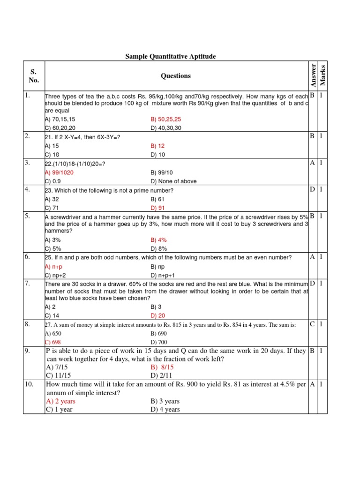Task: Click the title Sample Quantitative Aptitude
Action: click(x=170, y=57)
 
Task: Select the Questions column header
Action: click(x=176, y=76)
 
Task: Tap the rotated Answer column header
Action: click(x=313, y=75)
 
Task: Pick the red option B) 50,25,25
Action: click(x=165, y=119)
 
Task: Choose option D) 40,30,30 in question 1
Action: click(x=165, y=127)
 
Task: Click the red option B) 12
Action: click(x=158, y=146)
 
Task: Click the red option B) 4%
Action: click(x=158, y=240)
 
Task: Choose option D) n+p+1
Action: click(x=162, y=275)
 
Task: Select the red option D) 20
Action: click(x=158, y=315)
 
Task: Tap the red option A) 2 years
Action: click(x=60, y=401)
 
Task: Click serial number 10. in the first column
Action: click(x=29, y=384)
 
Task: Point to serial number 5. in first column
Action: click(x=28, y=216)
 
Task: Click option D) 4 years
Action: click(x=165, y=409)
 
